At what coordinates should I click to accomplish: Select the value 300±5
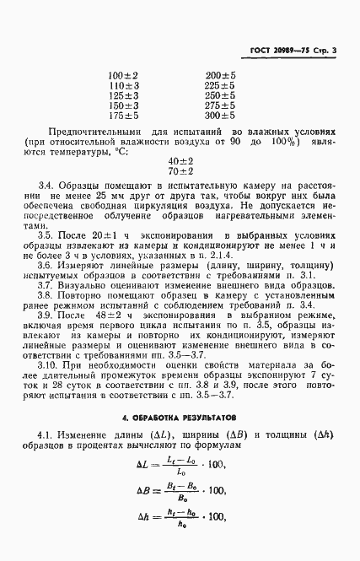[220, 116]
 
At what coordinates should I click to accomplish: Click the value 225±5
[220, 85]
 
